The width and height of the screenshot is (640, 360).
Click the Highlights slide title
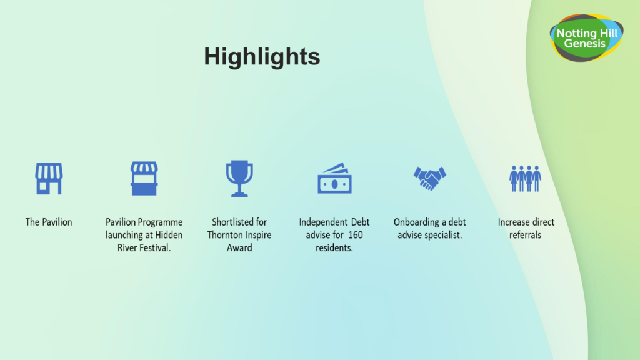262,56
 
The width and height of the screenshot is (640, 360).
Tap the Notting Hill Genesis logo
586,37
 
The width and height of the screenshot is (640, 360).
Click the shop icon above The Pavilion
49,178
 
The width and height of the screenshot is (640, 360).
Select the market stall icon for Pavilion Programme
144,178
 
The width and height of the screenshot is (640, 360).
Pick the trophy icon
239,178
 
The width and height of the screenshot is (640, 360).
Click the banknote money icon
335,178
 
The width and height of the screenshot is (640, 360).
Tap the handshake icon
430,178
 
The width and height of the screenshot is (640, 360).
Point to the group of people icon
525,178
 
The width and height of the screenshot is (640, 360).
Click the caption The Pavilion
49,222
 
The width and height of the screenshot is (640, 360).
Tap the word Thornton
223,235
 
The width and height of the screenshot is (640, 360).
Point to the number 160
356,235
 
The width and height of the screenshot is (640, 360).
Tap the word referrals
525,235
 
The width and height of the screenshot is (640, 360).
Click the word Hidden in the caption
169,235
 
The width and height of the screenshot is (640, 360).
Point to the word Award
239,247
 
